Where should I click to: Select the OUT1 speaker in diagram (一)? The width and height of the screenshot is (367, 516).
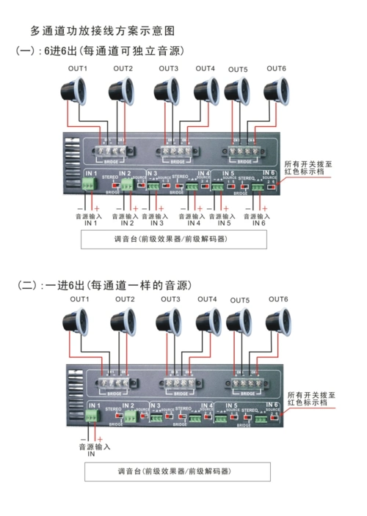tap(76, 91)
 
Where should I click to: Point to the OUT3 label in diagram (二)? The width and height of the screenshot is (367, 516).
tap(170, 299)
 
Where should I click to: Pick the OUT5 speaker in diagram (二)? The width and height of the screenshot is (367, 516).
tap(239, 321)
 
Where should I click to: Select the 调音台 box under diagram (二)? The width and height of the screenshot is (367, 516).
tap(173, 470)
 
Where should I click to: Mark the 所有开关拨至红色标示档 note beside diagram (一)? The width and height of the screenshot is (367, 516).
tap(309, 168)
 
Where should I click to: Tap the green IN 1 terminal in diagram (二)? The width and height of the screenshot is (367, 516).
tap(91, 416)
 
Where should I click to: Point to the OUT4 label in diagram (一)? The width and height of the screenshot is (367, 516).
tap(205, 69)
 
